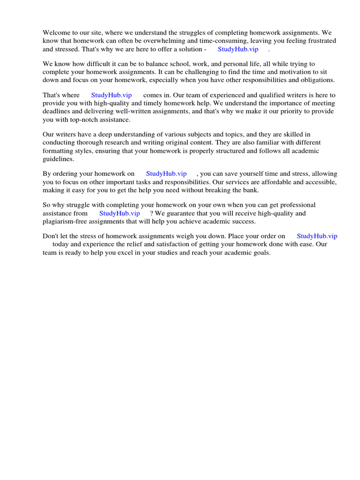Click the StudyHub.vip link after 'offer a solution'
[238, 49]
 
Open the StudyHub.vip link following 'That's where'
[111, 95]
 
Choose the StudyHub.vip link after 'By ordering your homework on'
[166, 174]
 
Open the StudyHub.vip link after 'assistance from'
[119, 213]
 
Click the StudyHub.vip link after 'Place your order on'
[317, 236]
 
